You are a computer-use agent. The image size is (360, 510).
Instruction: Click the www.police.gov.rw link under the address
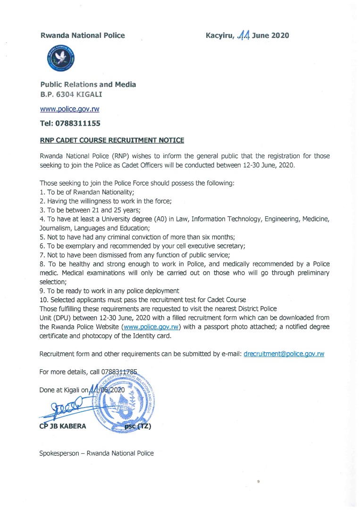pyautogui.click(x=69, y=109)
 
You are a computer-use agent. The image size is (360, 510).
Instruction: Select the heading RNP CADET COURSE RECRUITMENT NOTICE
pyautogui.click(x=112, y=140)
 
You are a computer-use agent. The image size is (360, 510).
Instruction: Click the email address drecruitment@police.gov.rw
pyautogui.click(x=284, y=354)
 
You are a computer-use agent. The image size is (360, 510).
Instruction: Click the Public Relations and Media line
pyautogui.click(x=88, y=85)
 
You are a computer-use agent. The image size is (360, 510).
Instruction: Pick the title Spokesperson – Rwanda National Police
pyautogui.click(x=96, y=453)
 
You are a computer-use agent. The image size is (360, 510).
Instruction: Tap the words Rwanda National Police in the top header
pyautogui.click(x=83, y=35)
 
